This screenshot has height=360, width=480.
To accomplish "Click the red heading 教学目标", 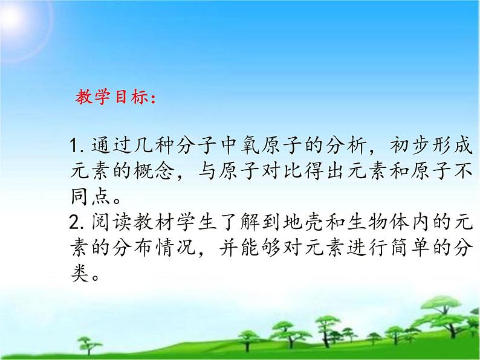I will pos(115,98).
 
